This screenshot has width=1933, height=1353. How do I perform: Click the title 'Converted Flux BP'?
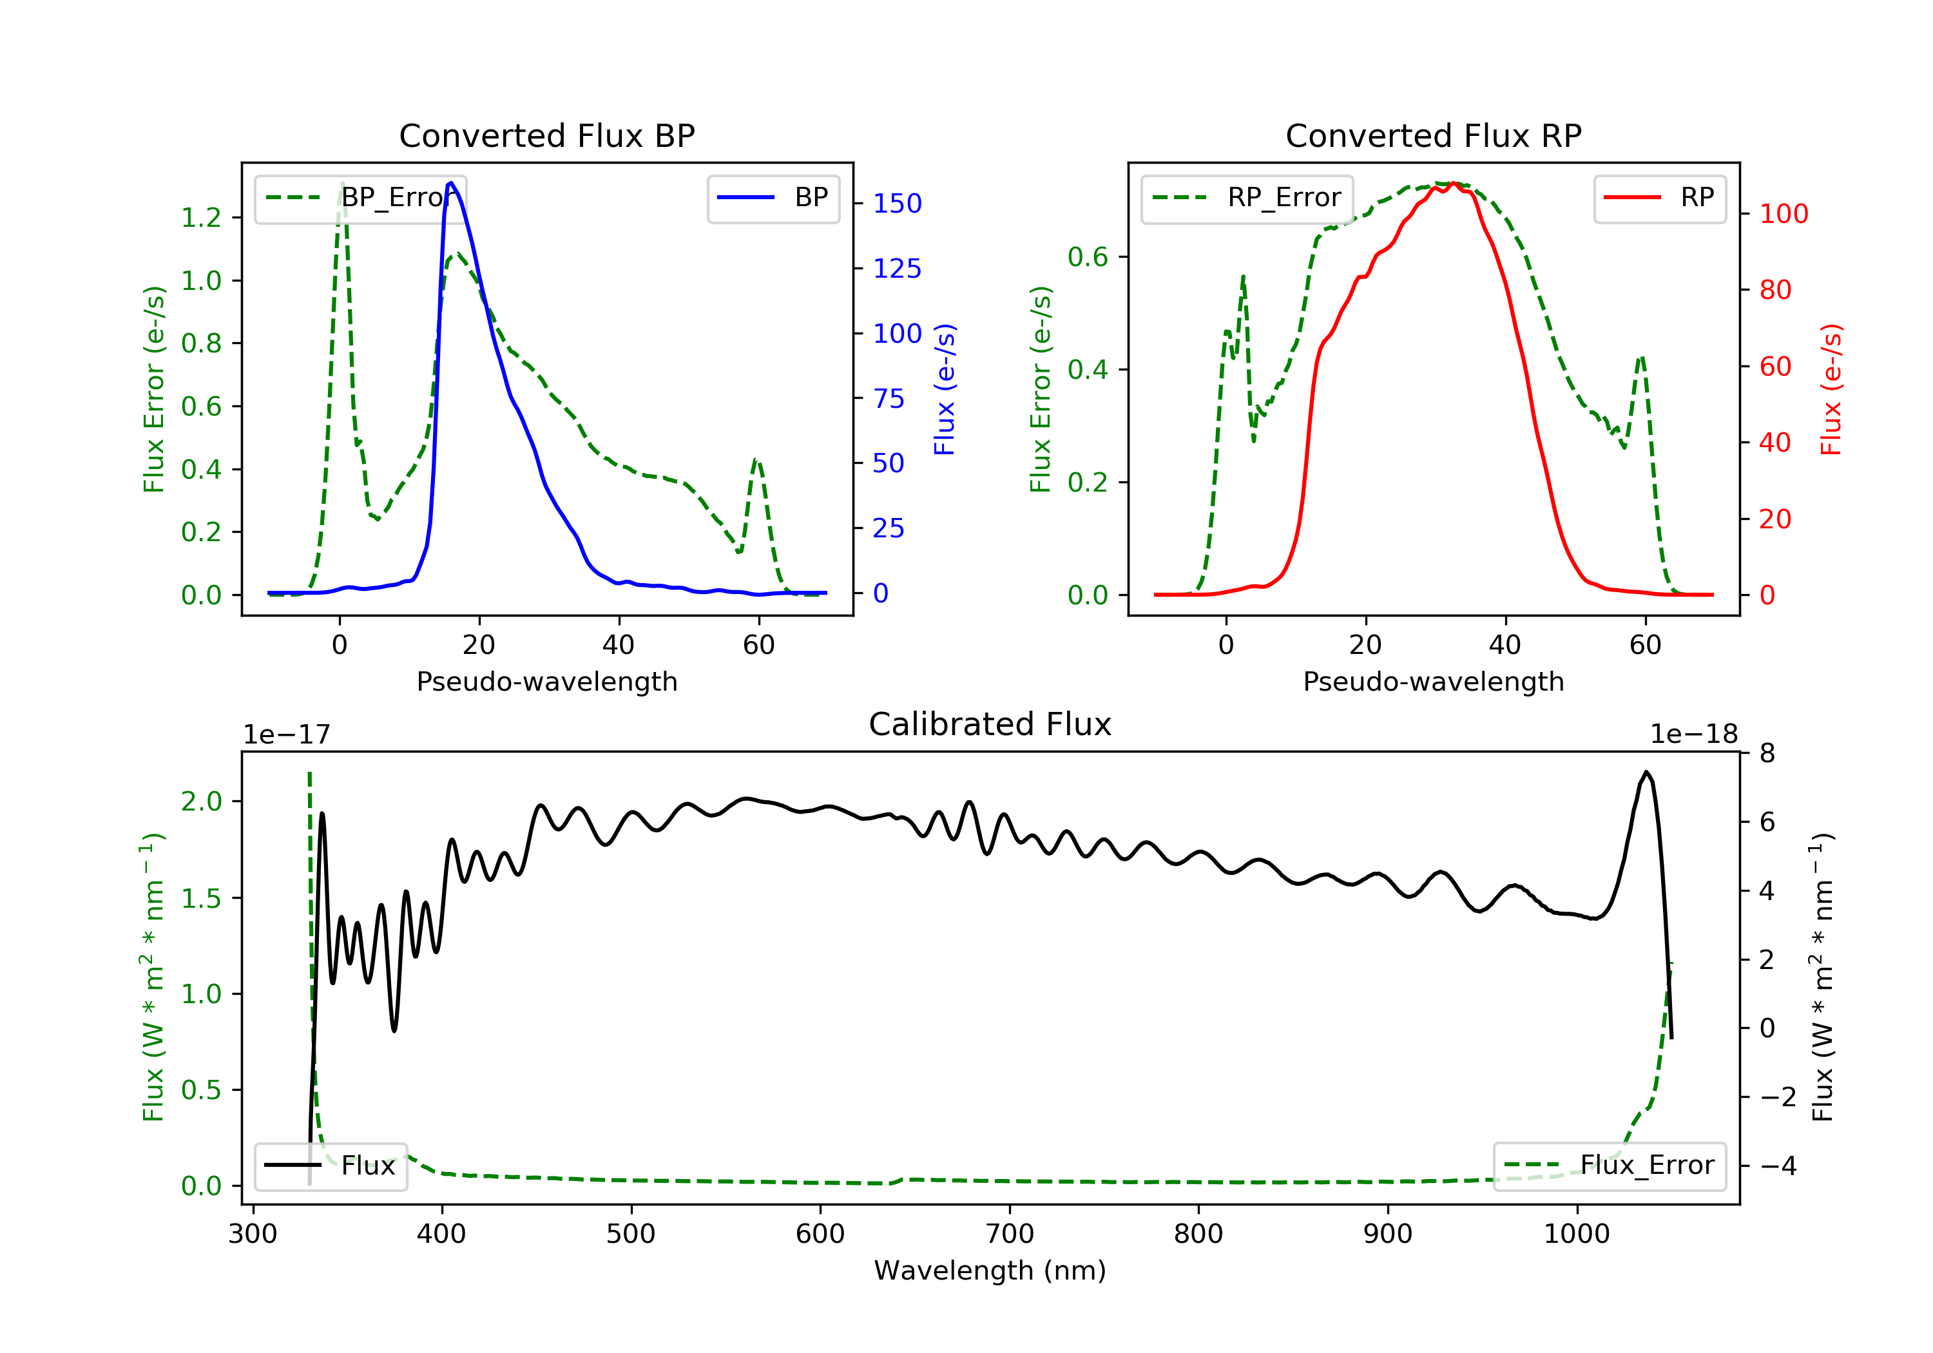tap(546, 135)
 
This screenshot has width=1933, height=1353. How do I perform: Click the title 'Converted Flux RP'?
tap(1433, 135)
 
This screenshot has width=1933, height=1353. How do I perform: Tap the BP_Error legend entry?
tap(360, 198)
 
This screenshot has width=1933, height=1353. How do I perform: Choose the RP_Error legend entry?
tap(1247, 198)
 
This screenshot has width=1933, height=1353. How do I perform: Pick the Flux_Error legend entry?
tap(1609, 1166)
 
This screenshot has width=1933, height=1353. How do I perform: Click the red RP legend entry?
tap(1659, 198)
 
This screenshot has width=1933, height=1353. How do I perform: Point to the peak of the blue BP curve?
tap(451, 183)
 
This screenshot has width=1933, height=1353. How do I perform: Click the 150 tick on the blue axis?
tap(897, 204)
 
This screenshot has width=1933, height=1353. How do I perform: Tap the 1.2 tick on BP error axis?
tap(201, 218)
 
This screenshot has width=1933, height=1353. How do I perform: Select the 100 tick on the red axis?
tap(1783, 214)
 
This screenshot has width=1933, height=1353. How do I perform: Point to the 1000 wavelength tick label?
tap(1576, 1234)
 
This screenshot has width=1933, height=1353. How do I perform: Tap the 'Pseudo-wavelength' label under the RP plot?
tap(1433, 682)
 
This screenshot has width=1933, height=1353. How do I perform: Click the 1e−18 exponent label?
tap(1693, 735)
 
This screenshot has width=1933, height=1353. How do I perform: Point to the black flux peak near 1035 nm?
tap(1646, 771)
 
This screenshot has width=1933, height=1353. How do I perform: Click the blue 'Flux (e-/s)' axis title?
tap(945, 390)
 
